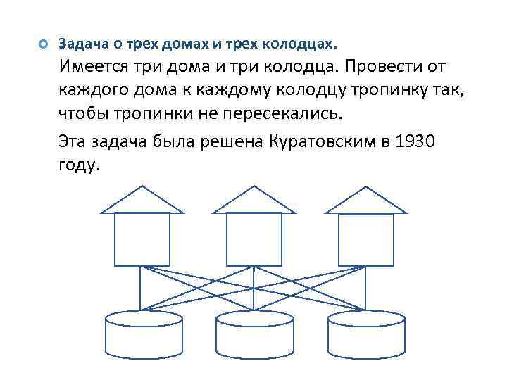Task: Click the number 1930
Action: (x=416, y=142)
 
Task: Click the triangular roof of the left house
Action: (x=142, y=201)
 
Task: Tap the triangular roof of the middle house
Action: (x=254, y=201)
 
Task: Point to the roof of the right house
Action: (x=365, y=201)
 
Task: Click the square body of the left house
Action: (x=142, y=239)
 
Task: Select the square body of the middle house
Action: (x=254, y=239)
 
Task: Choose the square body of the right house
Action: (x=365, y=239)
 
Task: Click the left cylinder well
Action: (x=143, y=334)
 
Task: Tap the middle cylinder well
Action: (x=254, y=334)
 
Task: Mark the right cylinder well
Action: (x=366, y=334)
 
